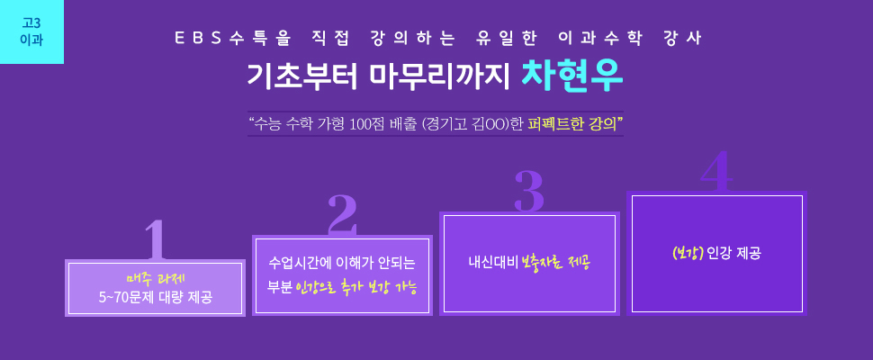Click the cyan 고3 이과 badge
pos(31,31)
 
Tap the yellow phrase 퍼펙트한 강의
pos(571,123)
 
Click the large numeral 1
pos(156,239)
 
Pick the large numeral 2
pos(342,214)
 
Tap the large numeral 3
pos(529,192)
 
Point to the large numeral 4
pos(716,171)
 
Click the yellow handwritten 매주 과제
pos(156,278)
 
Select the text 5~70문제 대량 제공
pos(156,297)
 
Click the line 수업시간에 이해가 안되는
pos(342,262)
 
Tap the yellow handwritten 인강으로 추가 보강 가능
pos(357,288)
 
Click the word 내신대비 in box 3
pos(493,261)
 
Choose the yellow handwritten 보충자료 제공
pos(555,262)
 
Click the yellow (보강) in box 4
pos(688,253)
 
